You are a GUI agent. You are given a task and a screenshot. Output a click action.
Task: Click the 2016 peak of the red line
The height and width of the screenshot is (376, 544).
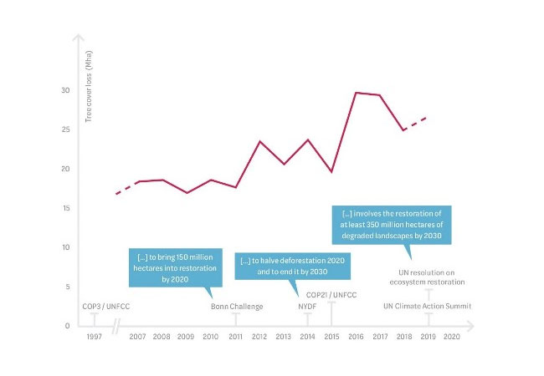[357, 93]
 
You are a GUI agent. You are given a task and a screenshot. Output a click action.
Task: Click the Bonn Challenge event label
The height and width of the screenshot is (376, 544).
[236, 307]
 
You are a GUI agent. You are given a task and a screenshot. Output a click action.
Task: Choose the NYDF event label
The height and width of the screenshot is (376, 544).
[308, 307]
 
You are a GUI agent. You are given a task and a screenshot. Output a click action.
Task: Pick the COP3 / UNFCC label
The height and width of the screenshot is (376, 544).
[105, 307]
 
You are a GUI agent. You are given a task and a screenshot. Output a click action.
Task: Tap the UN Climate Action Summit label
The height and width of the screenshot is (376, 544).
[428, 307]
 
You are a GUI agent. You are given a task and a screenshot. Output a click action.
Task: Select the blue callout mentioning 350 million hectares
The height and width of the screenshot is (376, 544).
[392, 225]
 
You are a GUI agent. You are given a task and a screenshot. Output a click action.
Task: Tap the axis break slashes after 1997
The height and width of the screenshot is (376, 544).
[117, 325]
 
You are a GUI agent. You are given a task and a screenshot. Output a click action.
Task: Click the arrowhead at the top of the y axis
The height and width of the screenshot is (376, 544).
[79, 39]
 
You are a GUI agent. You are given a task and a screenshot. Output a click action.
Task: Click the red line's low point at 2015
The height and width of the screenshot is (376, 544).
[332, 171]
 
